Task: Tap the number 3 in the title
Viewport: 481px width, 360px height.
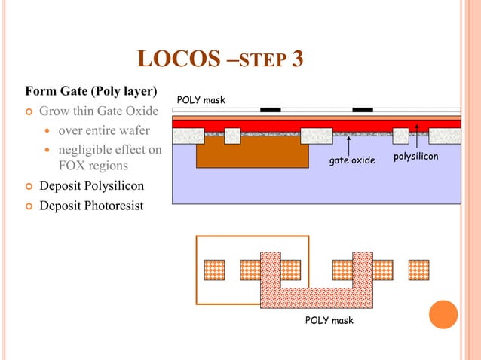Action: click(x=296, y=58)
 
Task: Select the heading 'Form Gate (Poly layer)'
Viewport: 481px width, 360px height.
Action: click(x=91, y=93)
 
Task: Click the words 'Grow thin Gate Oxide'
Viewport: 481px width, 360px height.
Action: click(x=99, y=111)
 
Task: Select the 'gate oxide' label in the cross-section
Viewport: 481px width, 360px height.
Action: click(x=351, y=160)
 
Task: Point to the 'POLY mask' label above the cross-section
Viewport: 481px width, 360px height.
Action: click(x=201, y=100)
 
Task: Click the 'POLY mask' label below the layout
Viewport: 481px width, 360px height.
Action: click(x=329, y=321)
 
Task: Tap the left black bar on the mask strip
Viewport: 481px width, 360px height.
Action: click(x=270, y=110)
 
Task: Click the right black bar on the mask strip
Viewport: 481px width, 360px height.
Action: click(x=363, y=110)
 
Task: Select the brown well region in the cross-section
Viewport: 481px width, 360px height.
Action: click(x=252, y=156)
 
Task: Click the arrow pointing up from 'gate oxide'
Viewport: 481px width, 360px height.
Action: click(x=348, y=144)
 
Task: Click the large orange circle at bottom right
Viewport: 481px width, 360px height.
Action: click(x=443, y=315)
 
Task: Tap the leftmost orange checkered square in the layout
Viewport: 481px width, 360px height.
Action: click(x=215, y=270)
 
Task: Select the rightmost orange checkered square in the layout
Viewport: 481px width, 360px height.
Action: click(x=418, y=270)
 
